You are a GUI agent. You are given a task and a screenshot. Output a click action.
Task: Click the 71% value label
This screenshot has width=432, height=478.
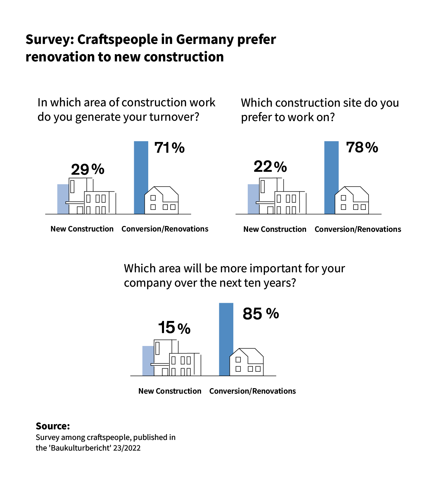coord(170,148)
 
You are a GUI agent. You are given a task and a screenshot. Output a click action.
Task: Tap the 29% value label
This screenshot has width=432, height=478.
coord(87,169)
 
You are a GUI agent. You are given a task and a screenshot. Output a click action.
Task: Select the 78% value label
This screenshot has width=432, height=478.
coord(362,147)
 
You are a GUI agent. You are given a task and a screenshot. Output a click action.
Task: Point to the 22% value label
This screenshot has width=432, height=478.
coord(270,167)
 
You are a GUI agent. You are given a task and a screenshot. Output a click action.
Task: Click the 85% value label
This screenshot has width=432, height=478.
coord(261,313)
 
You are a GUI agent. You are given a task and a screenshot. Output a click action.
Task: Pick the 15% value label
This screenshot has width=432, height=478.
coord(174,328)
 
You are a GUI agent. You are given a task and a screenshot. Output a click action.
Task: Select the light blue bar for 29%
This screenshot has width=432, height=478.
coord(62,199)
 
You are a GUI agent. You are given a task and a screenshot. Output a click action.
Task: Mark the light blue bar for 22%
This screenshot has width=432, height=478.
coord(253,199)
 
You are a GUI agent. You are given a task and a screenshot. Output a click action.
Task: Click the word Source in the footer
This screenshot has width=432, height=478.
coord(52,426)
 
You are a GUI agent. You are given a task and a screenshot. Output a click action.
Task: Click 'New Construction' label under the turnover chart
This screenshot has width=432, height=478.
coord(82,229)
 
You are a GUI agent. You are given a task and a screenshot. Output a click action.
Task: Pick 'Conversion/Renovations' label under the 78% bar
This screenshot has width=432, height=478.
coord(358,229)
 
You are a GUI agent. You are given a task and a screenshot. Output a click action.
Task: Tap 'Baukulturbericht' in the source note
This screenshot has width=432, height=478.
coord(81,448)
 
